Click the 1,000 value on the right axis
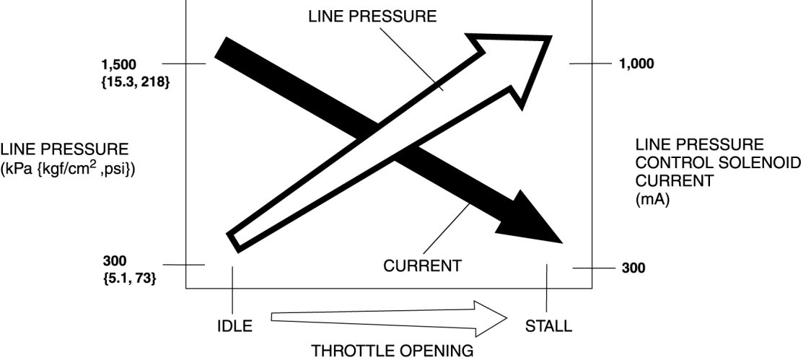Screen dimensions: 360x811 (x=636, y=63)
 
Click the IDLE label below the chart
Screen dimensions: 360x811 (x=234, y=326)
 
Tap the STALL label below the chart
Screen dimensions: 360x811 (x=549, y=326)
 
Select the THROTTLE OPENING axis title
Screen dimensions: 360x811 (x=393, y=351)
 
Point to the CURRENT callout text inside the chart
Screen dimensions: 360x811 (x=422, y=266)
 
